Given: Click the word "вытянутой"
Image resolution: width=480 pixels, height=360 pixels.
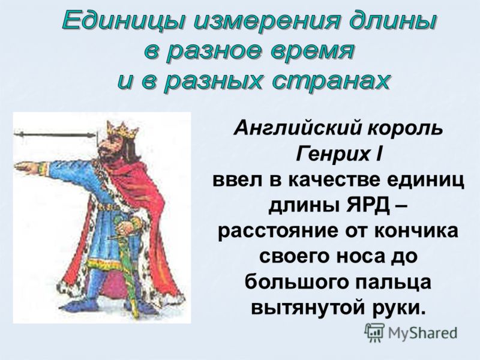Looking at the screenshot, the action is coord(308,308).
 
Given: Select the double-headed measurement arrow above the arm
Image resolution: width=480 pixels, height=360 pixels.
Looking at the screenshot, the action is coord(55,134).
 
